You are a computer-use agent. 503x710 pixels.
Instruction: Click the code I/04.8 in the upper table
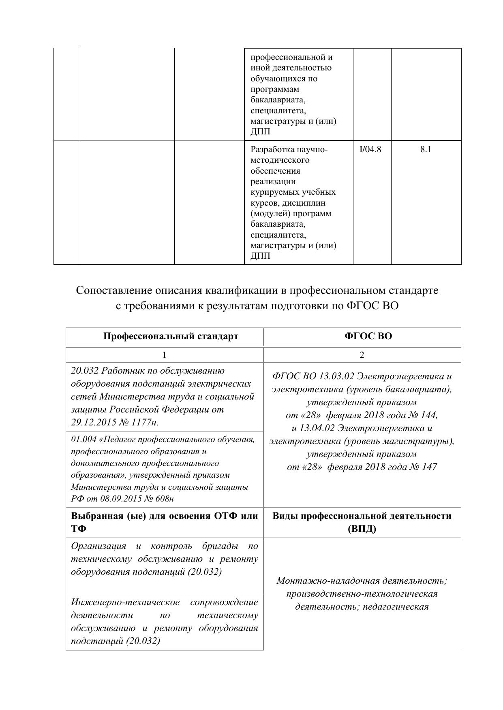[x=370, y=149]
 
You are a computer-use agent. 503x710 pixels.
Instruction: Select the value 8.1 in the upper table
[x=426, y=149]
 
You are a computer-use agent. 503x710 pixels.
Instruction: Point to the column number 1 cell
[x=164, y=355]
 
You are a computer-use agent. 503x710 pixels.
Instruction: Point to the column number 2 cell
[x=362, y=355]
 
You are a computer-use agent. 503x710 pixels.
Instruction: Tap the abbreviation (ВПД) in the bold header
[x=362, y=529]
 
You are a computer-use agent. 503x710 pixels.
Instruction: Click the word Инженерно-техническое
[x=125, y=602]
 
